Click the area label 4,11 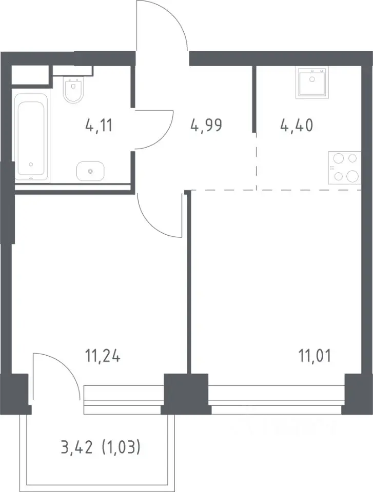point(99,126)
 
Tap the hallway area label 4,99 point(206,126)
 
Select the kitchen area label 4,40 point(297,126)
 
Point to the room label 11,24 point(103,357)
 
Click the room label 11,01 point(315,357)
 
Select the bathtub point(31,137)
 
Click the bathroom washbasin point(90,171)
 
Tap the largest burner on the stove point(352,176)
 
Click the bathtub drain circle point(31,164)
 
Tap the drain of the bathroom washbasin point(90,171)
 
